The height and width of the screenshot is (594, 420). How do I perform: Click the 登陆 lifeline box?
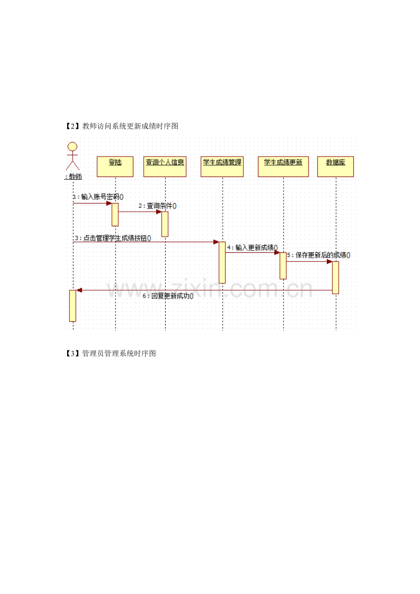[115, 167]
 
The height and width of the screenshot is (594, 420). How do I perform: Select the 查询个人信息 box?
[165, 167]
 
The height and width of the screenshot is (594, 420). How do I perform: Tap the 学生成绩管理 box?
[222, 167]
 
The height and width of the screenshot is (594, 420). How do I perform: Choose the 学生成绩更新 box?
[283, 167]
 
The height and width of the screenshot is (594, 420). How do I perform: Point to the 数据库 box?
[336, 167]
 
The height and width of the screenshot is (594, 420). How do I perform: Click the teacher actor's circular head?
[73, 146]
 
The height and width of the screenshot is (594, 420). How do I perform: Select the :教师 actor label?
[73, 177]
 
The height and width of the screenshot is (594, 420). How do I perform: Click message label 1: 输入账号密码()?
[98, 197]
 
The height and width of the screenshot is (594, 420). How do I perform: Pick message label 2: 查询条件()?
[157, 206]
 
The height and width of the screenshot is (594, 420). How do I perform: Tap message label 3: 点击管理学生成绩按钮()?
[113, 238]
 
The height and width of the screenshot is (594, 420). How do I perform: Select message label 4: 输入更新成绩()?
[252, 248]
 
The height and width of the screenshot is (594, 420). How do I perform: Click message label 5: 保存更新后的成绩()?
[319, 255]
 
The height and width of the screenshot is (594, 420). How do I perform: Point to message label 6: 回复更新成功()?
[168, 296]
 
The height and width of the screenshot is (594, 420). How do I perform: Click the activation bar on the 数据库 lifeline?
[336, 278]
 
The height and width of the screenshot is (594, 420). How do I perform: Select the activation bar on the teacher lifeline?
[73, 306]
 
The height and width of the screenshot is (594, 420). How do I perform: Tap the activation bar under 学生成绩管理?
[222, 262]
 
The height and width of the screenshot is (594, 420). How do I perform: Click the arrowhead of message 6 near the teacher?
[79, 290]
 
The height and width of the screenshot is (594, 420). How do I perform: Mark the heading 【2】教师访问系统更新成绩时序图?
[122, 126]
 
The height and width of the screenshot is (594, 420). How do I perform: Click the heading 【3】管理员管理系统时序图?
[110, 354]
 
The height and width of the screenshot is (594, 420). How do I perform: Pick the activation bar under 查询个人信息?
[165, 224]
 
